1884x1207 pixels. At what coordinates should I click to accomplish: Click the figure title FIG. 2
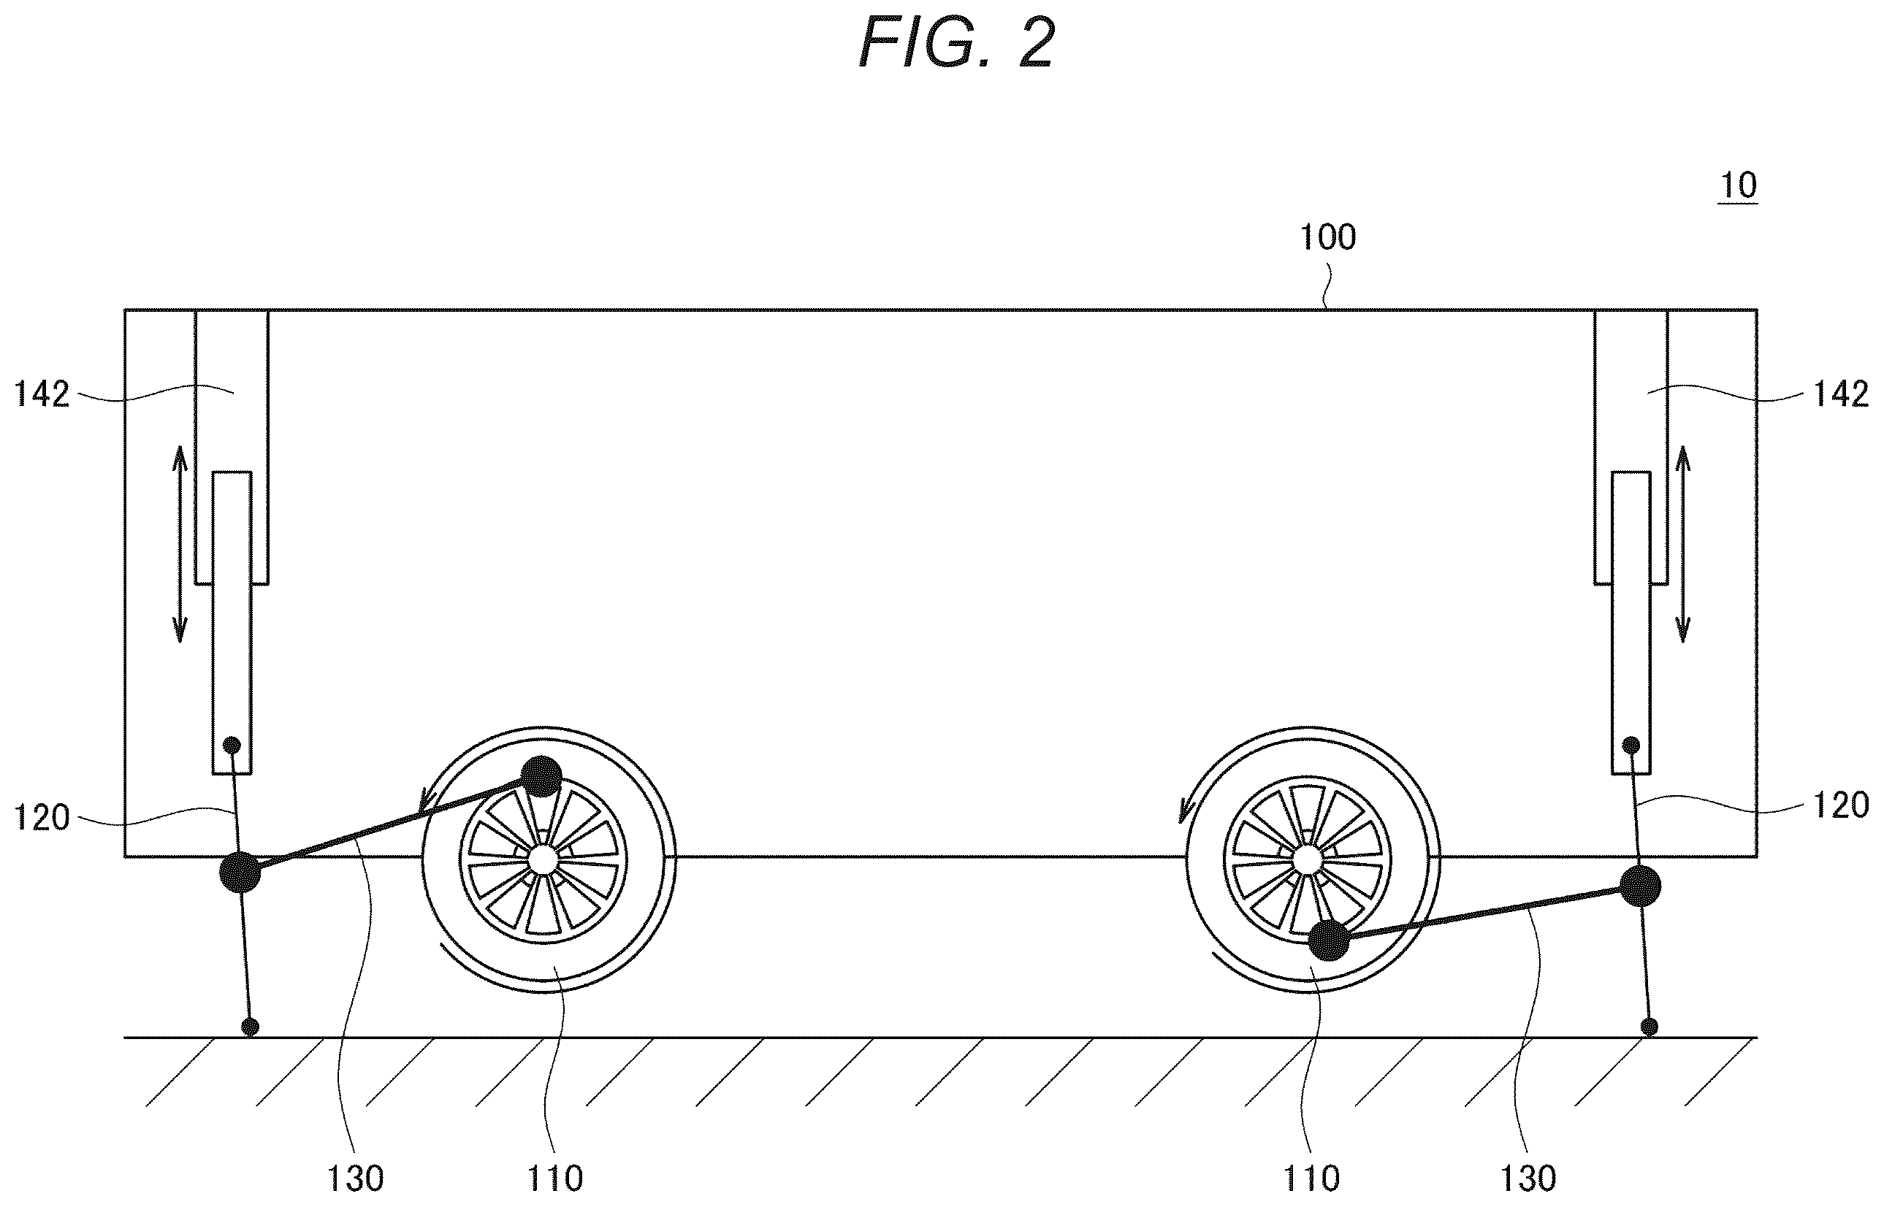[x=957, y=43]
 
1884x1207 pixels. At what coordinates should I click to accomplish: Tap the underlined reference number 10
[x=1738, y=185]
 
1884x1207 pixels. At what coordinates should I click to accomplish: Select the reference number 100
[x=1328, y=237]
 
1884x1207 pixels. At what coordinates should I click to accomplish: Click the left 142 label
[x=42, y=394]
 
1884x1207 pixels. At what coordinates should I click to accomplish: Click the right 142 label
[x=1842, y=394]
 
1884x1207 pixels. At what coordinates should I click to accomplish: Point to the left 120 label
[x=42, y=819]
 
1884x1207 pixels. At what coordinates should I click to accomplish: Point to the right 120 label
[x=1842, y=805]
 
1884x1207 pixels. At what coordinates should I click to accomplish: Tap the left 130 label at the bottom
[x=355, y=1178]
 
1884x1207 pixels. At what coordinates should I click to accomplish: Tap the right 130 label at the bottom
[x=1528, y=1178]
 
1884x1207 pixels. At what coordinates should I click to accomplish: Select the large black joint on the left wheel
[x=542, y=777]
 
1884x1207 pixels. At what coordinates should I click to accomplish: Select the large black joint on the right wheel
[x=1330, y=940]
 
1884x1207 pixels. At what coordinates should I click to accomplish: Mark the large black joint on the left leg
[x=240, y=873]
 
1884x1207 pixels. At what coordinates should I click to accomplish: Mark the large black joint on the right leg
[x=1640, y=886]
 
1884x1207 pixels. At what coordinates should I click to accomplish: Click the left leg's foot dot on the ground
[x=250, y=1027]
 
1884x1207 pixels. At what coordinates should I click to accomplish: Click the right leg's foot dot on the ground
[x=1650, y=1027]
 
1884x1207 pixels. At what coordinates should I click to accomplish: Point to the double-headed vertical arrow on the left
[x=180, y=544]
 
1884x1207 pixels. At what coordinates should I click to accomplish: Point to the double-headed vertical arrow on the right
[x=1682, y=544]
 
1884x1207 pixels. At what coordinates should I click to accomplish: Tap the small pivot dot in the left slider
[x=232, y=744]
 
